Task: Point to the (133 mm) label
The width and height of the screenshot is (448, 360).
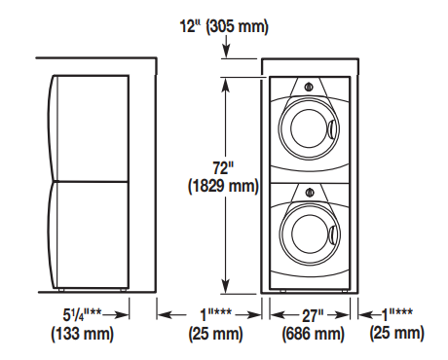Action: [81, 334]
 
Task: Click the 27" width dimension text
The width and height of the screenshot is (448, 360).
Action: [312, 315]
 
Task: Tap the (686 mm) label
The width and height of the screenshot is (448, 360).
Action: [312, 334]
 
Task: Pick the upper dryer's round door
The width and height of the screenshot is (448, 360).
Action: [309, 129]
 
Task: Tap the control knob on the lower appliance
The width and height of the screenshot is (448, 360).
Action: [309, 192]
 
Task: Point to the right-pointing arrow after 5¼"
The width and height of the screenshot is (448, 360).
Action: [122, 315]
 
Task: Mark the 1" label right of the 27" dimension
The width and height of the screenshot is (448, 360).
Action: [398, 315]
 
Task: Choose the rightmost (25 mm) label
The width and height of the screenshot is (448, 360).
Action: [397, 334]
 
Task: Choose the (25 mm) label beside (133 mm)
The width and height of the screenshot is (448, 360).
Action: [215, 334]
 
